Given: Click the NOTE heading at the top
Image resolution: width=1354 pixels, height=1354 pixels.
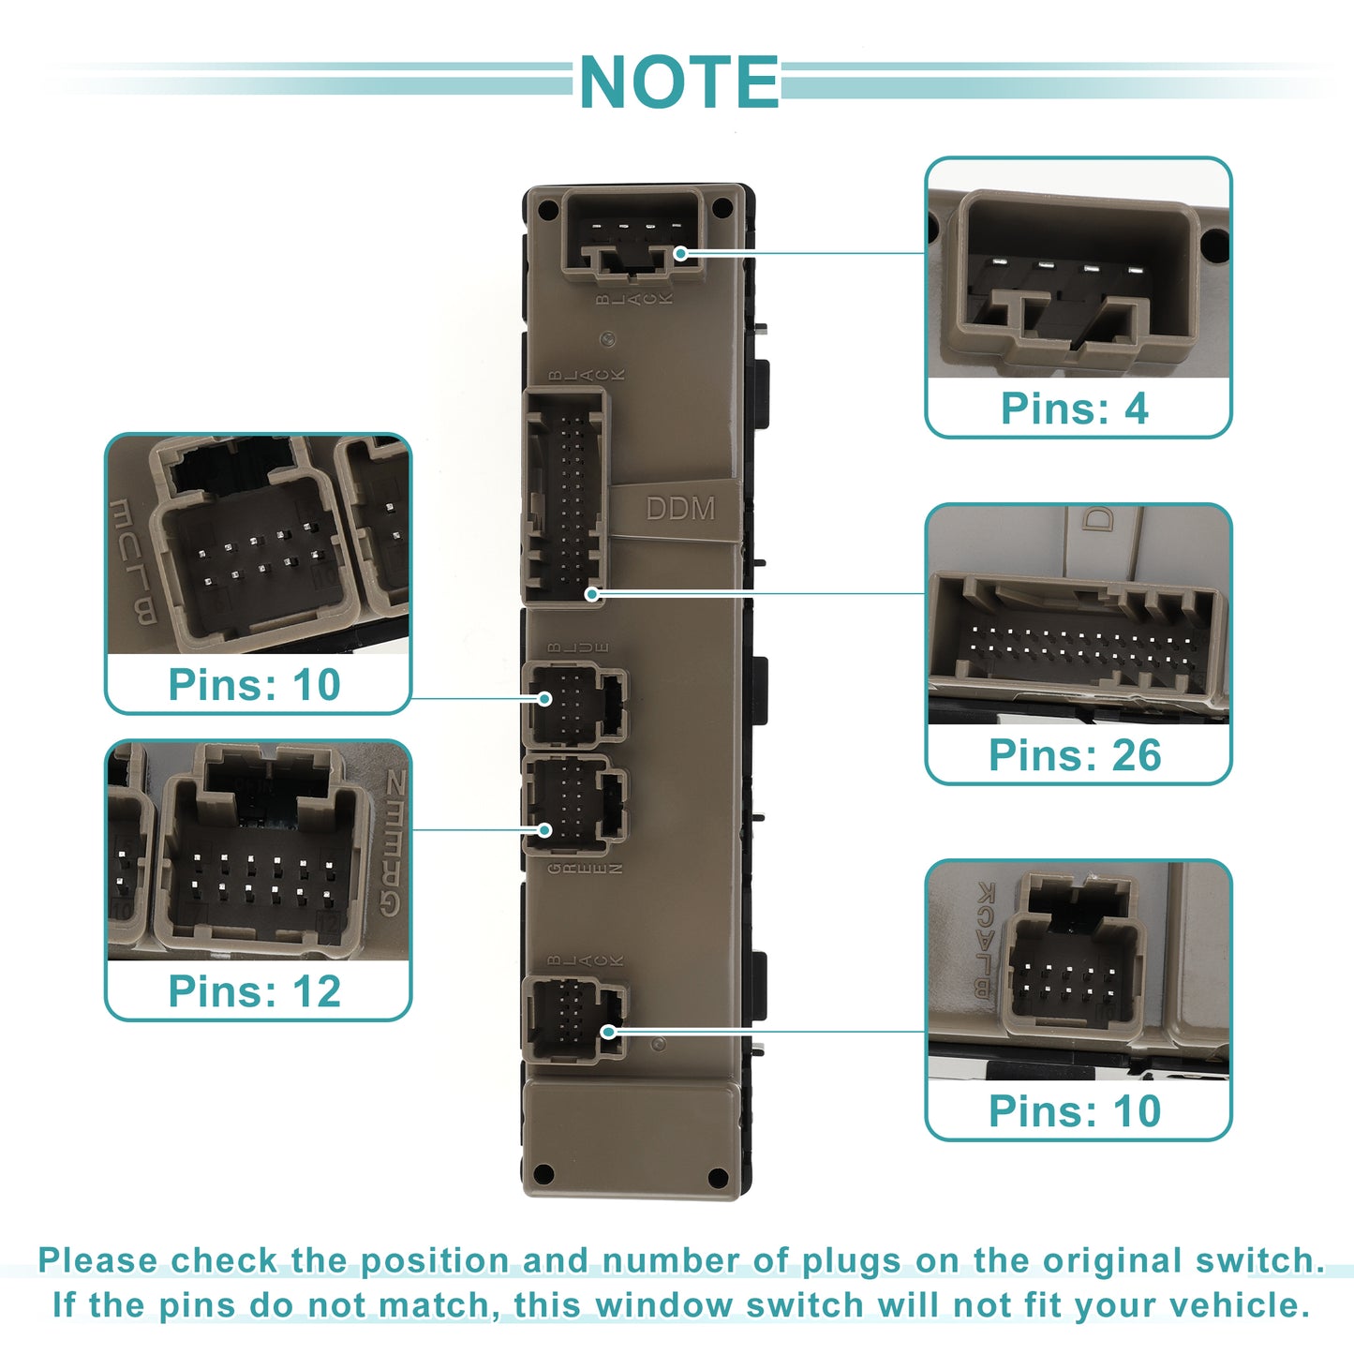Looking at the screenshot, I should point(678,82).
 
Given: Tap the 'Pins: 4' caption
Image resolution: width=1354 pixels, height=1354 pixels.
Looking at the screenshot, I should point(1074,409).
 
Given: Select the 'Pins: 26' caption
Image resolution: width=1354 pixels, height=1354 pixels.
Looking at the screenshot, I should point(1075,755).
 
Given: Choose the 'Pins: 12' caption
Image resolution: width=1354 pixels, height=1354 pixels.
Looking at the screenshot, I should point(254,991).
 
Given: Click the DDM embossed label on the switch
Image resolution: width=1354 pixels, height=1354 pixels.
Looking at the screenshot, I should point(680,509).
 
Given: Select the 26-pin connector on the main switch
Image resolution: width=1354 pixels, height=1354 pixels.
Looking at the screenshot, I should point(566,495).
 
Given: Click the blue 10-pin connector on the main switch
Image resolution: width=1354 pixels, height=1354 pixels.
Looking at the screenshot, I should point(573,703).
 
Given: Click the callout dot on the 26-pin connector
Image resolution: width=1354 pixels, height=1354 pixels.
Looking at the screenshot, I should point(591,594).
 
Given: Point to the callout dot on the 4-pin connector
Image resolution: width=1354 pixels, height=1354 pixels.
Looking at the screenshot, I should point(681,253).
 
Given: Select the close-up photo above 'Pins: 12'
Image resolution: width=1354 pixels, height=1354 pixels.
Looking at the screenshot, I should point(259,850).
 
